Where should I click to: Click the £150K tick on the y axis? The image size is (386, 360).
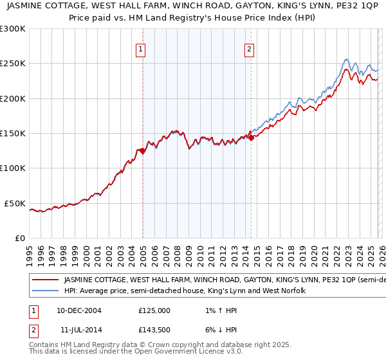[x=13, y=134]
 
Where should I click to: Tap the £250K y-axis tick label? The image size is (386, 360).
[x=13, y=64]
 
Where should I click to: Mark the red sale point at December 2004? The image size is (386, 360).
[x=142, y=151]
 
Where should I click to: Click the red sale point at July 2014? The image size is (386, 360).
[x=251, y=138]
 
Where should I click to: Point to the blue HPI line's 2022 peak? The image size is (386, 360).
[x=346, y=60]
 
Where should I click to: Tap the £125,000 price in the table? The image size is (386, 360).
[x=154, y=310]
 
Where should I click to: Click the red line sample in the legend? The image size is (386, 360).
[x=45, y=280]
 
